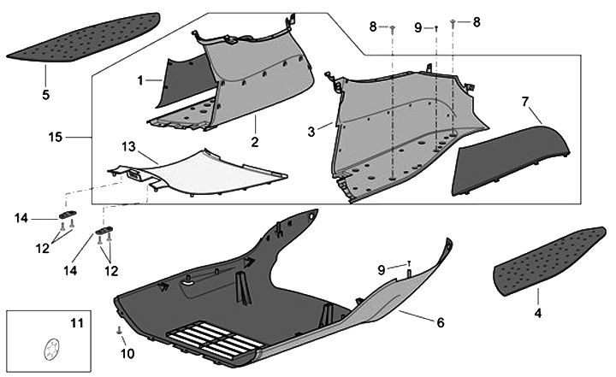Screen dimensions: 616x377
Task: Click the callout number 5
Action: click(45, 94)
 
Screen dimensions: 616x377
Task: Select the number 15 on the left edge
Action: click(55, 137)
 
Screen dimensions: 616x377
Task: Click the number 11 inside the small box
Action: click(77, 323)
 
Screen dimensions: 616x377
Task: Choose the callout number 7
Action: click(525, 102)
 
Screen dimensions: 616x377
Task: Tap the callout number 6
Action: click(441, 322)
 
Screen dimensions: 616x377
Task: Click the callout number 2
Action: click(254, 139)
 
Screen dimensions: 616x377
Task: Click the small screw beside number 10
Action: click(118, 330)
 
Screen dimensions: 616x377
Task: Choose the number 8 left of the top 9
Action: click(373, 27)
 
